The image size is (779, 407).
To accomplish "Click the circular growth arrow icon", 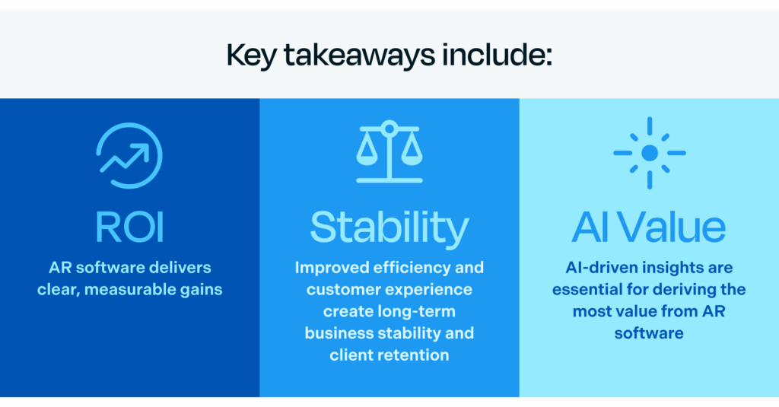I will (x=129, y=155).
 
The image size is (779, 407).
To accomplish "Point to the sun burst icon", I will (x=649, y=153).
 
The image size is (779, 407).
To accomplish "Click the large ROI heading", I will (x=129, y=227).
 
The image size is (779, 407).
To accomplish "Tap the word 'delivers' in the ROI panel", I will (x=179, y=268).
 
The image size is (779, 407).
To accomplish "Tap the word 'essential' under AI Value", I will (x=587, y=290).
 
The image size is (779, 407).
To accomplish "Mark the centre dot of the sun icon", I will (x=649, y=153).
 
